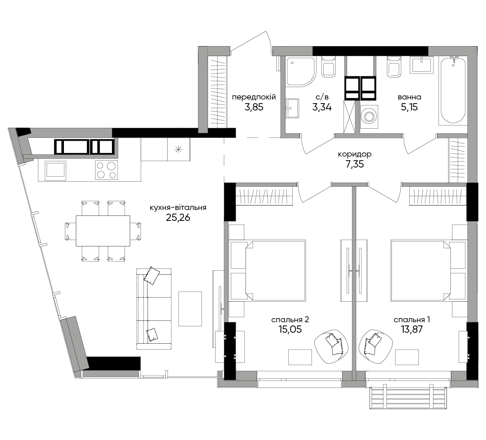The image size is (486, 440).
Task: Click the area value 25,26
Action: (x=178, y=218)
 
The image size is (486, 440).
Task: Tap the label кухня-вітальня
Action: (x=178, y=208)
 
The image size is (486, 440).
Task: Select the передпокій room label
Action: (x=254, y=97)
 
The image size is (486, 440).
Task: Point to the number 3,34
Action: (x=322, y=107)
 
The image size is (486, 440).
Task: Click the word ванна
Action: (x=409, y=97)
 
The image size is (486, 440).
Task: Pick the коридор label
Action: (x=354, y=154)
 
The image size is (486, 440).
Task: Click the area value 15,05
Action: (x=290, y=329)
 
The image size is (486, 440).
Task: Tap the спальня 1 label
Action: (x=412, y=319)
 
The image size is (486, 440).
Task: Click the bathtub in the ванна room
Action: (x=453, y=90)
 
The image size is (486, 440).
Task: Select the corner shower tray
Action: (x=301, y=72)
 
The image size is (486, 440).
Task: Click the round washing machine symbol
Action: (x=370, y=116)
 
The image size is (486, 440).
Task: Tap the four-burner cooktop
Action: (x=106, y=170)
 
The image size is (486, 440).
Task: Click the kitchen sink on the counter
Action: (x=55, y=171)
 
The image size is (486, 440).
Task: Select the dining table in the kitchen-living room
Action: (x=103, y=231)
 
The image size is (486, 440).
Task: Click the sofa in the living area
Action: (x=154, y=309)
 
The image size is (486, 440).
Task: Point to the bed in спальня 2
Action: (x=269, y=270)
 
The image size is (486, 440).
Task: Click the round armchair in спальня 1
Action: (x=375, y=346)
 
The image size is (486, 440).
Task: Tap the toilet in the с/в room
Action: (x=328, y=67)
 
